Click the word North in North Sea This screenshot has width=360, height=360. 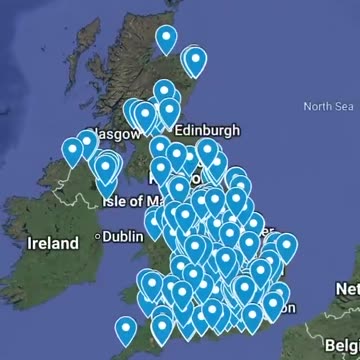(316, 106)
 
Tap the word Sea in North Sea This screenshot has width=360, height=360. (343, 106)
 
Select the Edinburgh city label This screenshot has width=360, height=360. (208, 130)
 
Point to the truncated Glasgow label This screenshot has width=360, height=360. (108, 131)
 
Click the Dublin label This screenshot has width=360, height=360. (123, 237)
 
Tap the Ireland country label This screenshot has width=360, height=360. (53, 243)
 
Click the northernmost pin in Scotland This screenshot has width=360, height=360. (166, 39)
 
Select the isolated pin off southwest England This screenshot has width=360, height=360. (125, 329)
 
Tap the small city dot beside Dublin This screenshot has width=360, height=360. (98, 237)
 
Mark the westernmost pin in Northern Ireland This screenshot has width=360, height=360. (72, 152)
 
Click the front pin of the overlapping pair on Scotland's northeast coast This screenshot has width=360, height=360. (196, 62)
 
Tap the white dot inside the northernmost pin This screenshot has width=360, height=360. (166, 37)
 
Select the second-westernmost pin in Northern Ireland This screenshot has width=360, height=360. (87, 144)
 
